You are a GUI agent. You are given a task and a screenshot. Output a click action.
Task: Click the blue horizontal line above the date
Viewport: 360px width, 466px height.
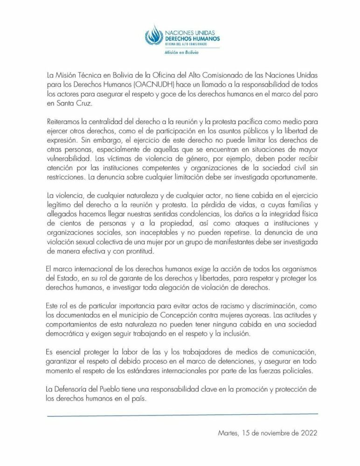pos(182,413)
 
